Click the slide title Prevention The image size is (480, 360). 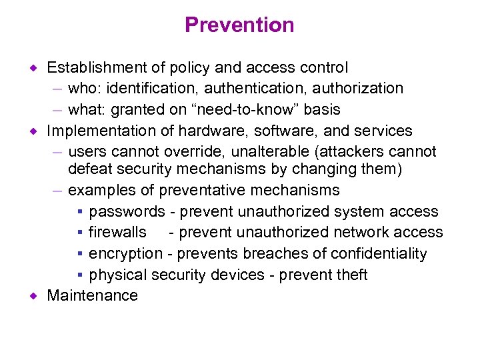pyautogui.click(x=239, y=25)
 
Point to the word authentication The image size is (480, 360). pyautogui.click(x=250, y=88)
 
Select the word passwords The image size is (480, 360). pyautogui.click(x=127, y=212)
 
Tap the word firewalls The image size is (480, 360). pyautogui.click(x=118, y=233)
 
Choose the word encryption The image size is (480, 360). pyautogui.click(x=125, y=254)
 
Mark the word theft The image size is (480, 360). pyautogui.click(x=352, y=275)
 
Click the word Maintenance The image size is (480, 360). pyautogui.click(x=92, y=296)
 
